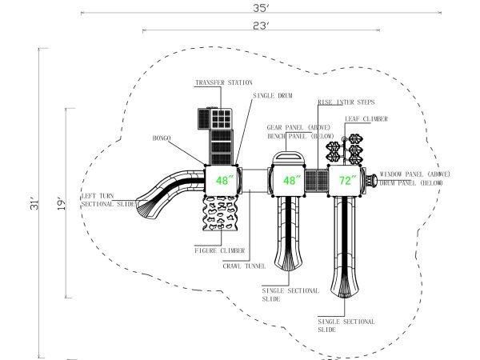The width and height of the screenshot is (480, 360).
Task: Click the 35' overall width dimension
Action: click(x=261, y=8)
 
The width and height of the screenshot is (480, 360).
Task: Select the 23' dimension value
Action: click(x=261, y=26)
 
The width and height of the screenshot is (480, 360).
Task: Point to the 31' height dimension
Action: click(x=35, y=204)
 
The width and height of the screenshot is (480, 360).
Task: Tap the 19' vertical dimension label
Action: click(x=62, y=204)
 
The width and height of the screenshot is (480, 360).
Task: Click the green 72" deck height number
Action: click(x=347, y=180)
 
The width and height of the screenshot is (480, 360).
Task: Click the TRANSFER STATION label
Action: click(x=224, y=82)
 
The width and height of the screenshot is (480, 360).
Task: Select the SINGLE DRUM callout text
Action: click(x=273, y=95)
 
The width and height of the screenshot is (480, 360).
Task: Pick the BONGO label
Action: click(x=162, y=138)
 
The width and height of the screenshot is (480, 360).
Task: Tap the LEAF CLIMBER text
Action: click(x=366, y=118)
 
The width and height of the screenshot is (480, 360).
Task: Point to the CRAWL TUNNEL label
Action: click(x=244, y=266)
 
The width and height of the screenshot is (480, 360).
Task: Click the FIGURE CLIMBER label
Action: click(x=220, y=250)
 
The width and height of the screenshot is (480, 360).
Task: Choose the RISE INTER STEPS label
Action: click(x=346, y=102)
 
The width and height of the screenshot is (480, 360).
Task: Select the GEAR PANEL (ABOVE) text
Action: click(x=298, y=127)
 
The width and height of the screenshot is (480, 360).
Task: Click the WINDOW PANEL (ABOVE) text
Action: click(x=414, y=174)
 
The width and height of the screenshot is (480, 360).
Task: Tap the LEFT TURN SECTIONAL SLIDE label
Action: click(x=108, y=200)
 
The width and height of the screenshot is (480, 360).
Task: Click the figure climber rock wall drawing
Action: click(x=221, y=214)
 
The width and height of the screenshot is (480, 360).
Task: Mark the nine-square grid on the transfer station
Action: click(x=221, y=118)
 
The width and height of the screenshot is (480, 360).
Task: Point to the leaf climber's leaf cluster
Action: click(x=345, y=149)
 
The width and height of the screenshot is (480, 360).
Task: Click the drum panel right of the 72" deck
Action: click(x=372, y=181)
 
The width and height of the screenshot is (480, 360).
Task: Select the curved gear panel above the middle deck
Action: click(x=288, y=158)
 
